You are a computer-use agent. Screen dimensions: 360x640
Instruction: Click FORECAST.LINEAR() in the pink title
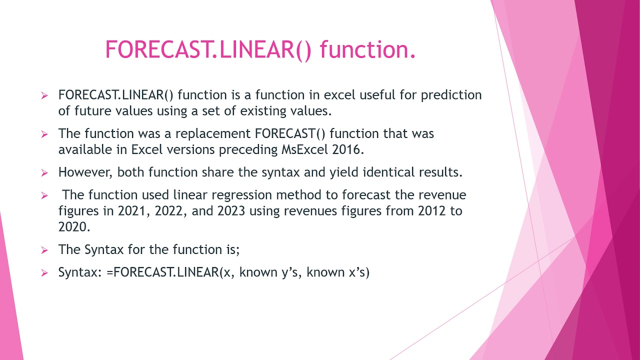click(208, 50)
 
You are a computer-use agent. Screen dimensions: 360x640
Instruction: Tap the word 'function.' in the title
click(367, 50)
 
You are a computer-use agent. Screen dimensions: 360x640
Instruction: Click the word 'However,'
click(86, 172)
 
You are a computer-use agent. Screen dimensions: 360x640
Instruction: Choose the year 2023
click(231, 210)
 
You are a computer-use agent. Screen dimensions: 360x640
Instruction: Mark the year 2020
click(74, 226)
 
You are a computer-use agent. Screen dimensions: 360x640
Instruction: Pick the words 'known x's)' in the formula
click(337, 272)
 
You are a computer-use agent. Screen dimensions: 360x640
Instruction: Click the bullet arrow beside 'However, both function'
click(44, 173)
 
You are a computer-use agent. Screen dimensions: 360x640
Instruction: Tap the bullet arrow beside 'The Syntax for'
click(44, 250)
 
